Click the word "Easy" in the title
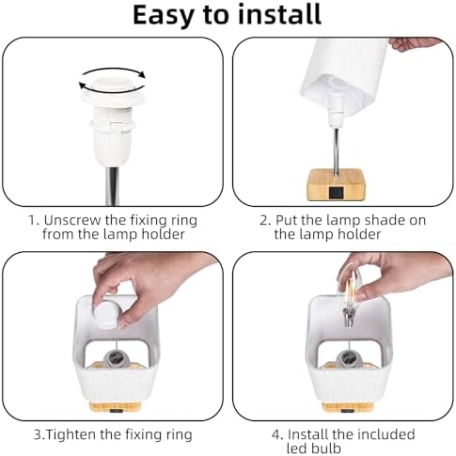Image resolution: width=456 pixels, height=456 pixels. click(162, 15)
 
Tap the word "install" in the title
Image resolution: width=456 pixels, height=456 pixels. click(280, 14)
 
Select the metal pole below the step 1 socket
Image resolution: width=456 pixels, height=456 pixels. click(113, 186)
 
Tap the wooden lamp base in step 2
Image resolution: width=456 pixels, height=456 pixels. click(337, 185)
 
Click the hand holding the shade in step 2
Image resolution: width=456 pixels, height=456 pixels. click(413, 44)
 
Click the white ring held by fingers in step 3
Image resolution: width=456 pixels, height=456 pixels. click(106, 314)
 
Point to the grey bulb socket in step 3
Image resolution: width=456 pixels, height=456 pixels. click(117, 359)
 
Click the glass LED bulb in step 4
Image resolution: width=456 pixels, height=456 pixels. click(353, 292)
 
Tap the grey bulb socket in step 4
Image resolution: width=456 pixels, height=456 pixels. click(348, 359)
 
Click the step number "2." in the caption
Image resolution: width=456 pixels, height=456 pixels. click(265, 220)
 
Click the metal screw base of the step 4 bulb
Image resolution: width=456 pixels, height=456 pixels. click(348, 317)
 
